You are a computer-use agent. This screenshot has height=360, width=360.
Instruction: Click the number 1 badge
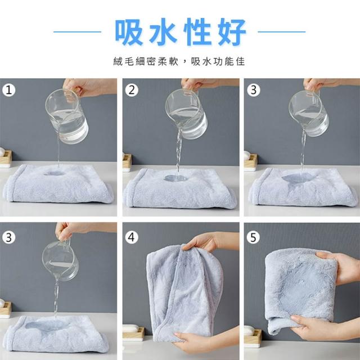point(9,90)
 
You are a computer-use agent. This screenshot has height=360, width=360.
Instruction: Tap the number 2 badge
point(132,90)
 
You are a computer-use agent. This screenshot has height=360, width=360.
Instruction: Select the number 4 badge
point(132,237)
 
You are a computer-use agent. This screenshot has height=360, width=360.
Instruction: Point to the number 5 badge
point(253,237)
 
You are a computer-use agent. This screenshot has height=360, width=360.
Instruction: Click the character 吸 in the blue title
point(129,32)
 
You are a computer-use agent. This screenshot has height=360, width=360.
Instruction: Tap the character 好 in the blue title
point(232,32)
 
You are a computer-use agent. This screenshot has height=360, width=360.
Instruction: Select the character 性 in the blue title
point(197,32)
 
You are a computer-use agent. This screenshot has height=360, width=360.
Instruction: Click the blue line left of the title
point(78,32)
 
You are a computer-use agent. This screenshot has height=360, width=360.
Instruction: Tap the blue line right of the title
point(282,32)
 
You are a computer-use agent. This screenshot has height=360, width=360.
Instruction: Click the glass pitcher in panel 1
point(66,115)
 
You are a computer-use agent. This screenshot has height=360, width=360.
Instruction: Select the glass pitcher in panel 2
point(186,114)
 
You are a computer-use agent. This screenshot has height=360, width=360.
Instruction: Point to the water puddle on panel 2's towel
point(175,178)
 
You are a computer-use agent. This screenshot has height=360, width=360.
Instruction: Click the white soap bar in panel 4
point(130,328)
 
